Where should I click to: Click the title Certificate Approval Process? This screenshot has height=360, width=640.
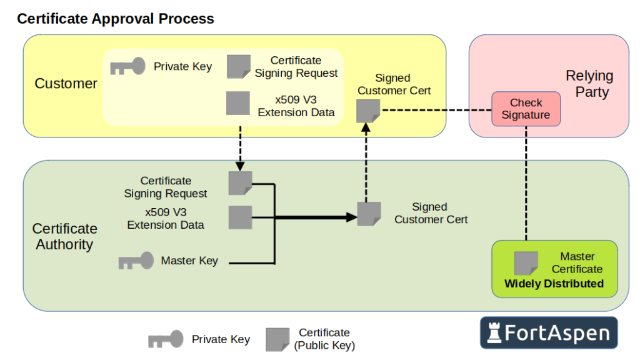click(116, 19)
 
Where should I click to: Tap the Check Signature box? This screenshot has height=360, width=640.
click(526, 109)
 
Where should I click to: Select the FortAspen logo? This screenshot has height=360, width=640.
click(548, 332)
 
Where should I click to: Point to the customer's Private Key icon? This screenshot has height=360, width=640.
click(127, 66)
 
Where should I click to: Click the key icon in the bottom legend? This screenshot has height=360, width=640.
click(166, 339)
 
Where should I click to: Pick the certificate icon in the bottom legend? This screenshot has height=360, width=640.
click(277, 339)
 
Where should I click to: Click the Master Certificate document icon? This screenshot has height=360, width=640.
click(526, 263)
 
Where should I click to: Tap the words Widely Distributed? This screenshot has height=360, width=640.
click(554, 284)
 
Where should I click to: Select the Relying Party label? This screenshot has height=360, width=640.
click(589, 84)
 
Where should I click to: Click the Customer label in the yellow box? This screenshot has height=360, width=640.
click(66, 84)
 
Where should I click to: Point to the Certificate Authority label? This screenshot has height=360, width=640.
click(64, 236)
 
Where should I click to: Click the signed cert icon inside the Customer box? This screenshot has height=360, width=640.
click(368, 111)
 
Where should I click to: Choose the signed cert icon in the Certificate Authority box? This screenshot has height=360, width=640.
click(369, 214)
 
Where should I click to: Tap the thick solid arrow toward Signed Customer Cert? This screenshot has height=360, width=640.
click(312, 217)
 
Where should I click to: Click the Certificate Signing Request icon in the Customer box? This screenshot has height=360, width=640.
click(238, 66)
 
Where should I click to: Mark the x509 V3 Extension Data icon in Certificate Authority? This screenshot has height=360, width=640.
click(240, 217)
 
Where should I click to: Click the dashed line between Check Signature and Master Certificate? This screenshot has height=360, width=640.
click(526, 181)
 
